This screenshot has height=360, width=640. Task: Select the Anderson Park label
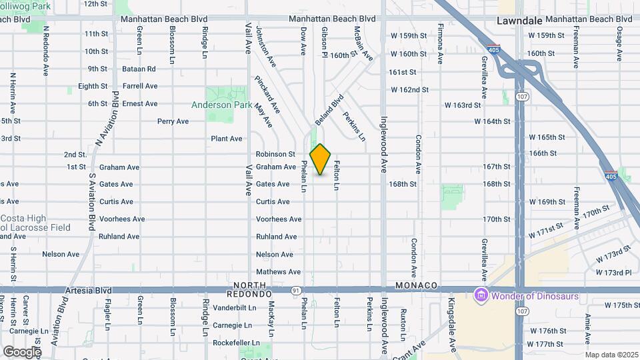point(221,105)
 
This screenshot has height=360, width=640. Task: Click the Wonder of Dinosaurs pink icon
point(479,295)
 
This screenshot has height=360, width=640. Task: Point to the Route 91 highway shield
point(295,290)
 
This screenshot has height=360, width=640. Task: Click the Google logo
point(22,351)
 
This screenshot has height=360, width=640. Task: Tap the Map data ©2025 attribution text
point(611,355)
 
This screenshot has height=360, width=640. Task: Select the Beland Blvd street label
point(329,109)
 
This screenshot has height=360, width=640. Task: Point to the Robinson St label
point(275,154)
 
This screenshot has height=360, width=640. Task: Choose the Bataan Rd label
point(139,69)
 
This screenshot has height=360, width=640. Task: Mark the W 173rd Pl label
point(613,273)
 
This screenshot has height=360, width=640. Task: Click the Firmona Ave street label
point(440,44)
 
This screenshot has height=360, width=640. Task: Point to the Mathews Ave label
point(278,272)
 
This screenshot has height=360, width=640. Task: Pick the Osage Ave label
point(619,44)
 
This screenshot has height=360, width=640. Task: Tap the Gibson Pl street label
point(324,41)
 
